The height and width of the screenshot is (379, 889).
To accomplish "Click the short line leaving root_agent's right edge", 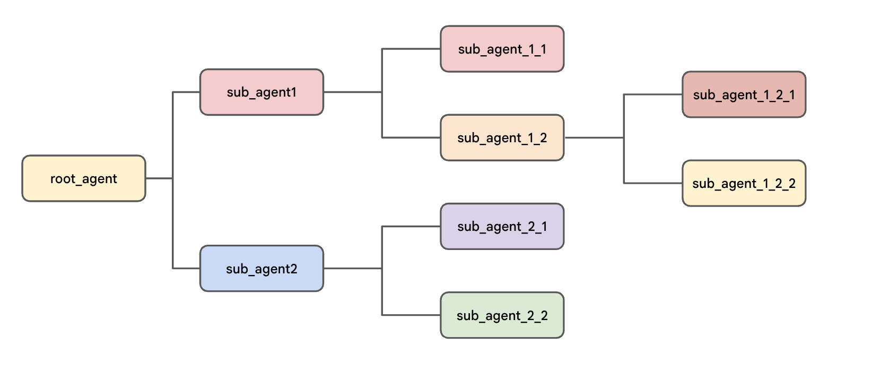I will (159, 178).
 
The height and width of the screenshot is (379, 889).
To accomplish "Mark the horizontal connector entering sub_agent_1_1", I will (411, 49).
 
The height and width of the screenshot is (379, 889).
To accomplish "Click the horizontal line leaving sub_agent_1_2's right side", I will (594, 137).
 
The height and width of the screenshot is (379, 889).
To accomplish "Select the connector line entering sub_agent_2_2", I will (411, 315).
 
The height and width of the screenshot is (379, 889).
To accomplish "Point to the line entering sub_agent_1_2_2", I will (653, 183).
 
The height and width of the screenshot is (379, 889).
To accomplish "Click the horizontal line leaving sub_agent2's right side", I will (352, 269).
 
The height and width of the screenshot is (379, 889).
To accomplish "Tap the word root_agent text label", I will (83, 179).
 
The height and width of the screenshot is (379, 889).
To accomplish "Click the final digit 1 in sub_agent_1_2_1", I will (791, 95).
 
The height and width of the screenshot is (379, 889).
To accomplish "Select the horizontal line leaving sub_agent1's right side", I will (352, 92).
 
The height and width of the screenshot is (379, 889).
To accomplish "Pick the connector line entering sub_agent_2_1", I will (411, 227).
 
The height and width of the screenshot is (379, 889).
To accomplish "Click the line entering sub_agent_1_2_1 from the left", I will (653, 94).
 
